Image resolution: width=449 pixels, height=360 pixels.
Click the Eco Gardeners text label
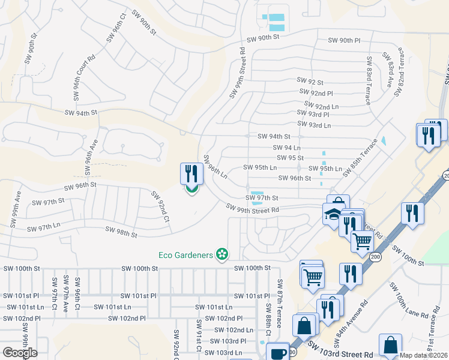tap(186, 255)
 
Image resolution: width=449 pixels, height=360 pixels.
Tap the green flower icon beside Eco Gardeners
tap(222, 254)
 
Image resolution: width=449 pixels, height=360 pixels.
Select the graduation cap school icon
tap(333, 215)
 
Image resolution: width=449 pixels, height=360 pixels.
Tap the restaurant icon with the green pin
tap(191, 175)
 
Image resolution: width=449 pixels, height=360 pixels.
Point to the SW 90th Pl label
tap(344, 40)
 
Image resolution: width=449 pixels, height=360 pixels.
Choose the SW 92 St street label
tap(310, 81)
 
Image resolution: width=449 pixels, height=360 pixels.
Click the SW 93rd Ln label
tap(314, 125)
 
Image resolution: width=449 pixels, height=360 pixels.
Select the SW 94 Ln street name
tap(286, 147)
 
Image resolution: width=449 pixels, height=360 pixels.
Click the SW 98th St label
tap(121, 230)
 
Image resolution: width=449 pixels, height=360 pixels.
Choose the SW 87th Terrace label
tap(279, 299)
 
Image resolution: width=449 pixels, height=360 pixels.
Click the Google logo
tap(19, 353)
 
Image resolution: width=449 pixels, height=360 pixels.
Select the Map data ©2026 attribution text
tap(423, 355)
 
